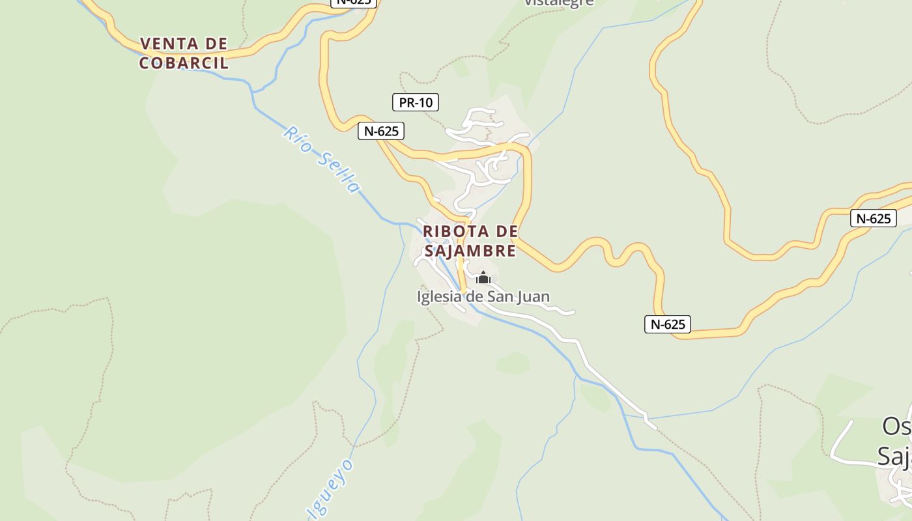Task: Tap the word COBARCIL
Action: coord(184,63)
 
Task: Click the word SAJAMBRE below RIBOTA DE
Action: coord(470,251)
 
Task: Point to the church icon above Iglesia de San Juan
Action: coord(483,278)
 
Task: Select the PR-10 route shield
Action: coord(416,102)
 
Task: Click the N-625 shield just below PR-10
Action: coord(381,131)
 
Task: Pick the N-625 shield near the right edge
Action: coord(873,218)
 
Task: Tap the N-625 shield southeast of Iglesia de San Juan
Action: coord(668,324)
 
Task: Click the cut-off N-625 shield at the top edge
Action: coord(354,2)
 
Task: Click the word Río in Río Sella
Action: coord(297,139)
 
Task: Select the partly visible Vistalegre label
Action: coord(559,3)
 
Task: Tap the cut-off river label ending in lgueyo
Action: coord(332,488)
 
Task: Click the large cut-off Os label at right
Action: coord(896,426)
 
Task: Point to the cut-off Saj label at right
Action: coord(894,456)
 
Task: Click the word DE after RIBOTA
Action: coord(507,231)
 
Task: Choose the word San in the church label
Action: coord(499,297)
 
